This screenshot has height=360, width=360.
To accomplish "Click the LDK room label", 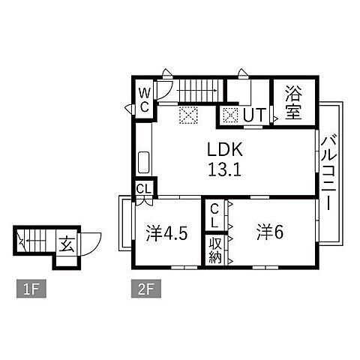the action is coord(225,149).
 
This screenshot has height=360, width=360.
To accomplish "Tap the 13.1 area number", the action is coord(224,169).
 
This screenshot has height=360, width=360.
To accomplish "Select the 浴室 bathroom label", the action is coord(294,103).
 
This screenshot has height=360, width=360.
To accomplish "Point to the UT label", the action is coord(254,115).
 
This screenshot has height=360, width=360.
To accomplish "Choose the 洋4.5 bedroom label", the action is coord(166,233).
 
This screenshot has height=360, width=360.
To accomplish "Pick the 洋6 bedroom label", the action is coord(270,232).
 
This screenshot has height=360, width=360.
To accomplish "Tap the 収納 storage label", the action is coord(215,250).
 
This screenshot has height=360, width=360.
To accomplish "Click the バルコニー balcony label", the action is coord(329,172).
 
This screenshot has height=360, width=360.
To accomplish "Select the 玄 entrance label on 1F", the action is coord(67,244).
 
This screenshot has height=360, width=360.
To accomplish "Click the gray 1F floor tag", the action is coord(31,289).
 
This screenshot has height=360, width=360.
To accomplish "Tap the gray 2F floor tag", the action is coord(146,289).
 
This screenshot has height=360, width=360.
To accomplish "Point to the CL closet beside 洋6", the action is coord(214,215).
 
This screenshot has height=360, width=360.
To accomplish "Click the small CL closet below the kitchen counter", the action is coord(144,189).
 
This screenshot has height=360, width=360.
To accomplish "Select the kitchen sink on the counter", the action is coord(144,162).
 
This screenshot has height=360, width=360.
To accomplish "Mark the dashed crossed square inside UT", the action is coord(230,115).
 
